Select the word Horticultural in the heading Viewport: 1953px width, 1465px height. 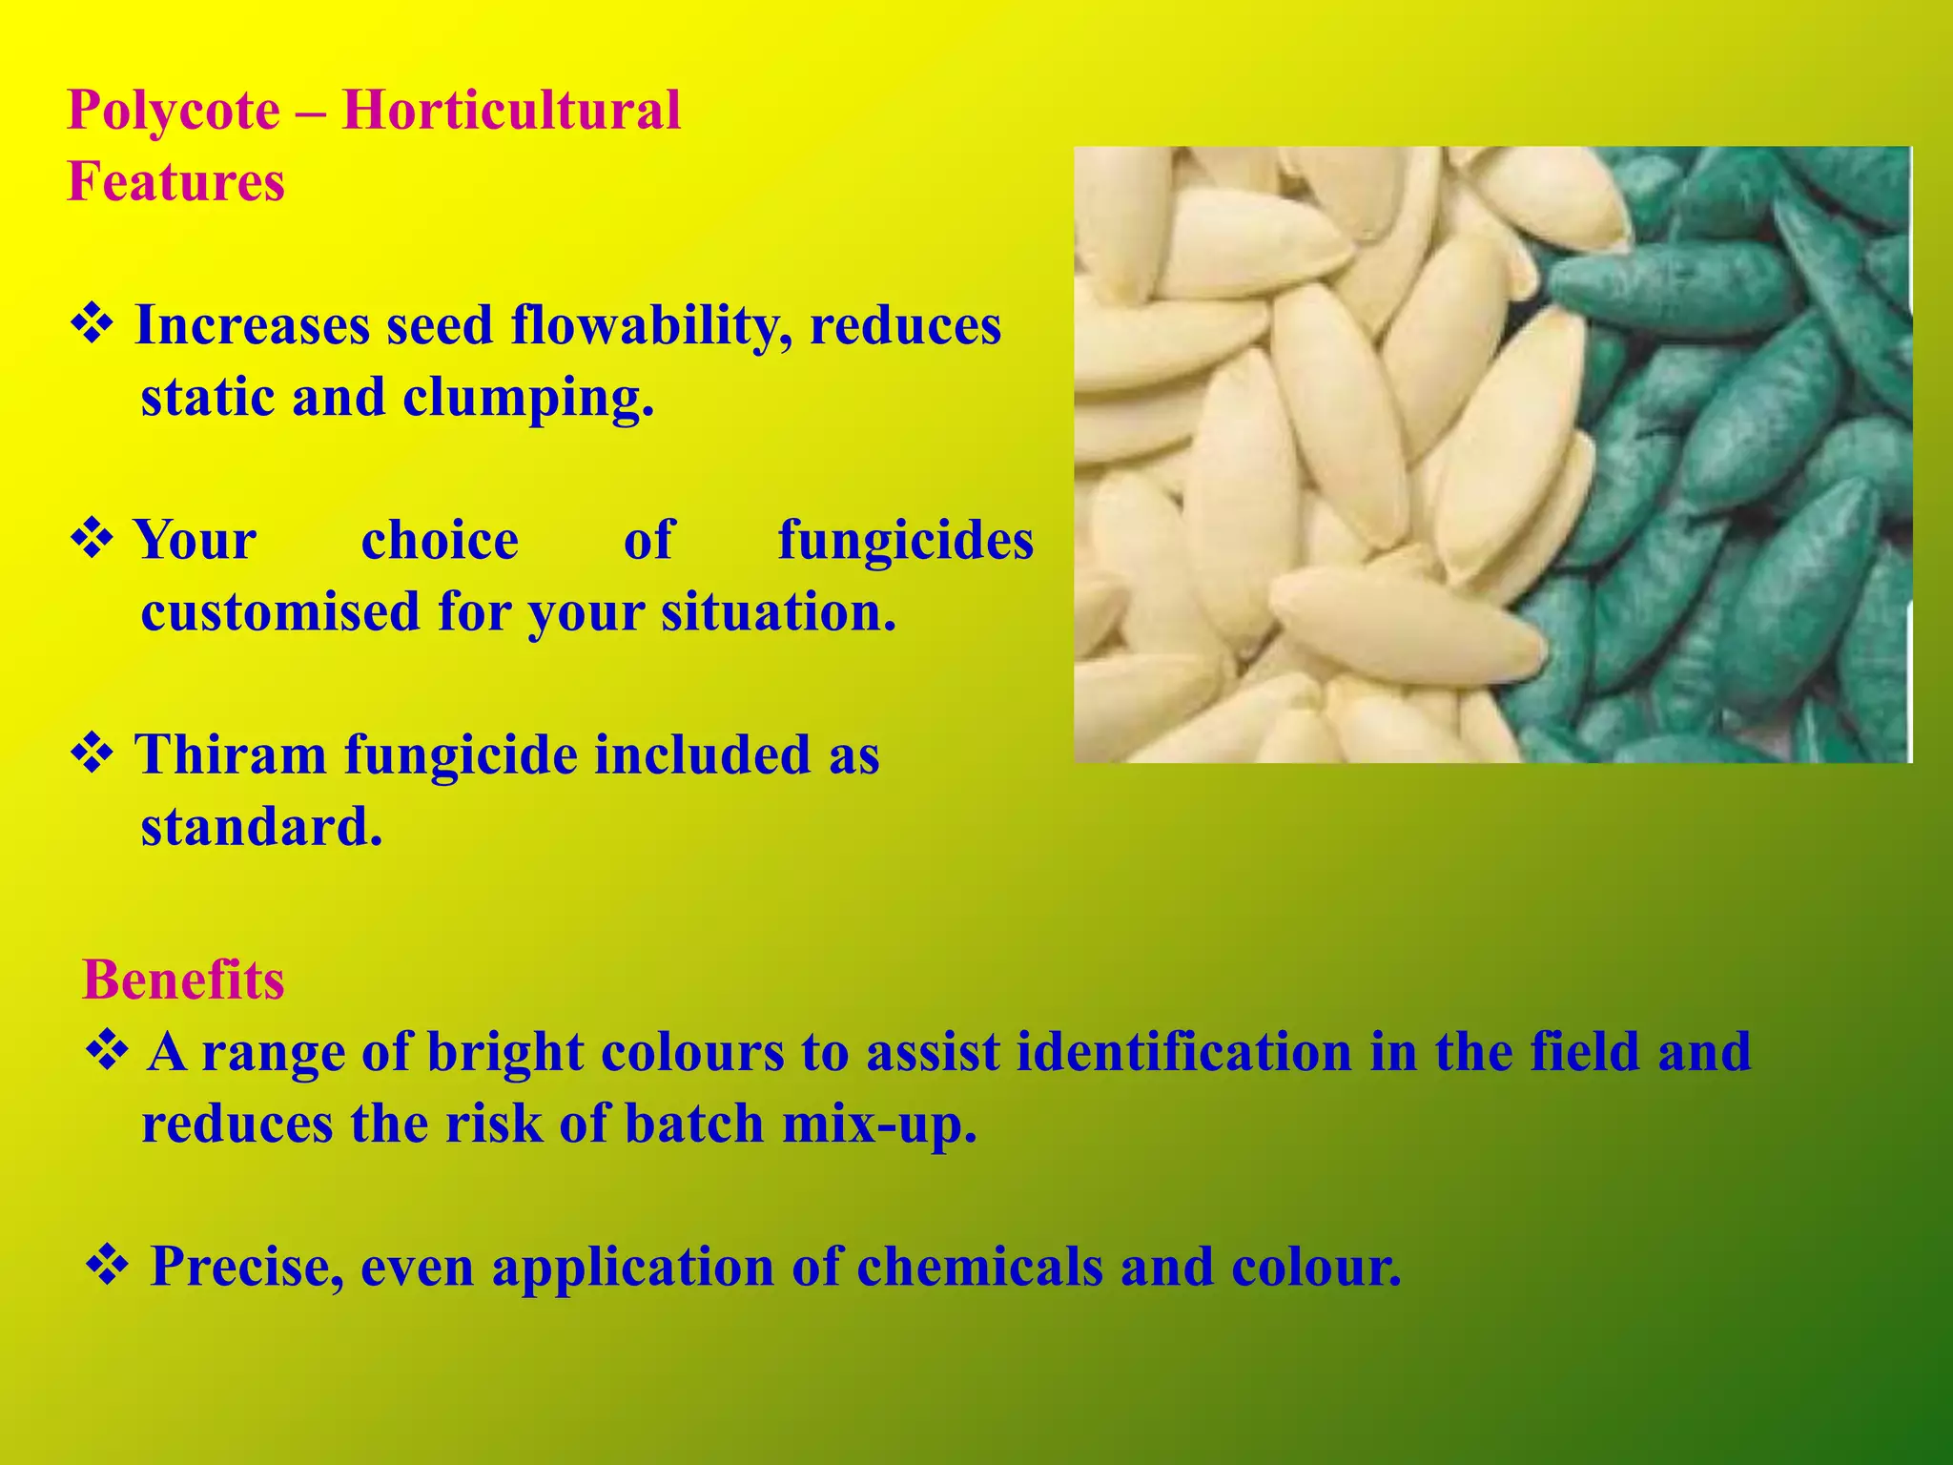(x=511, y=110)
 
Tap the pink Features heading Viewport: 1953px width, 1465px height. (x=175, y=181)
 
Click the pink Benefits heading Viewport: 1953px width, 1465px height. (x=183, y=980)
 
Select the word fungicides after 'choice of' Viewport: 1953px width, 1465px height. (x=905, y=541)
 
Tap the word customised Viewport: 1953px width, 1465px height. (x=280, y=611)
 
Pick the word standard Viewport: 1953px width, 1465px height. (x=260, y=827)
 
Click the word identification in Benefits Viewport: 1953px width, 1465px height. (x=1183, y=1052)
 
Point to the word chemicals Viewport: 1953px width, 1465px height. (x=979, y=1267)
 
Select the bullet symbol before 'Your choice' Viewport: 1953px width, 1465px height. (x=93, y=540)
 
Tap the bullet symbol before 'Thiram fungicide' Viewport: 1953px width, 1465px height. (x=93, y=754)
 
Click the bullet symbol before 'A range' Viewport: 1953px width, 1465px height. (x=107, y=1051)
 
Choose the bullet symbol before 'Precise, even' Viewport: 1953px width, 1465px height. (x=107, y=1266)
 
